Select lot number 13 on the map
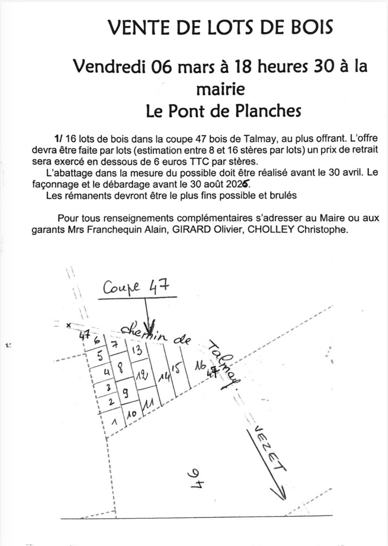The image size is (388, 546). [x=137, y=350]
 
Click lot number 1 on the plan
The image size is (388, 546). [x=113, y=422]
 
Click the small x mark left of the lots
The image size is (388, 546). [x=68, y=325]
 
